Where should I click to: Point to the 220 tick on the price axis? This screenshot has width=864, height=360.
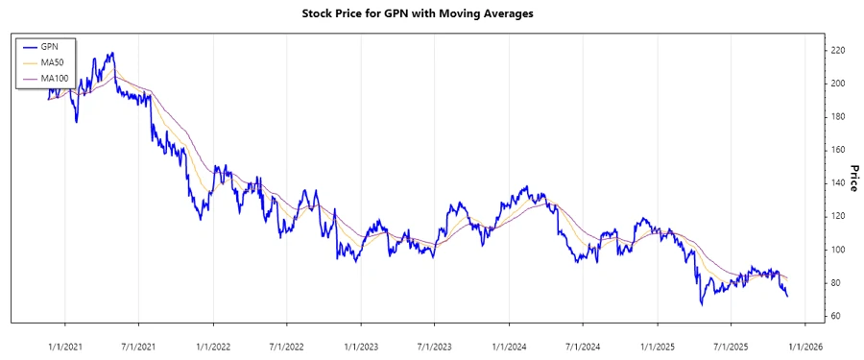[x=837, y=50]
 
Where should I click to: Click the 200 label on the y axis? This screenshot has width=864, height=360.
[x=837, y=84]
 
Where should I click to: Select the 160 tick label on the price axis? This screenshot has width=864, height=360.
[x=837, y=150]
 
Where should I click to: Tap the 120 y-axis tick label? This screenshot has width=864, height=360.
[x=837, y=216]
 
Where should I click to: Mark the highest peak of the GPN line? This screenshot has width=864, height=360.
[x=112, y=53]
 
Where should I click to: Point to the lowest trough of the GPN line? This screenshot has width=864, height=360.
[x=702, y=304]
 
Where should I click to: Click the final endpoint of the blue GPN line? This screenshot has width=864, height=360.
[x=788, y=296]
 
